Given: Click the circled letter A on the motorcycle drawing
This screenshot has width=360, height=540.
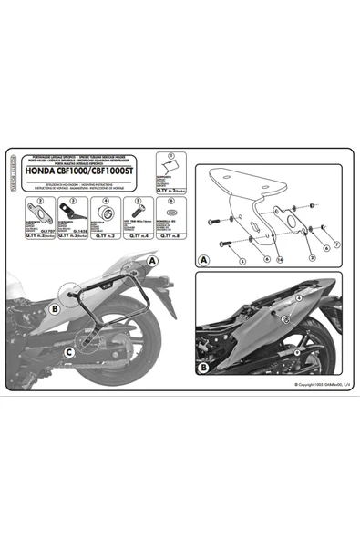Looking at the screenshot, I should (x=151, y=259).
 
